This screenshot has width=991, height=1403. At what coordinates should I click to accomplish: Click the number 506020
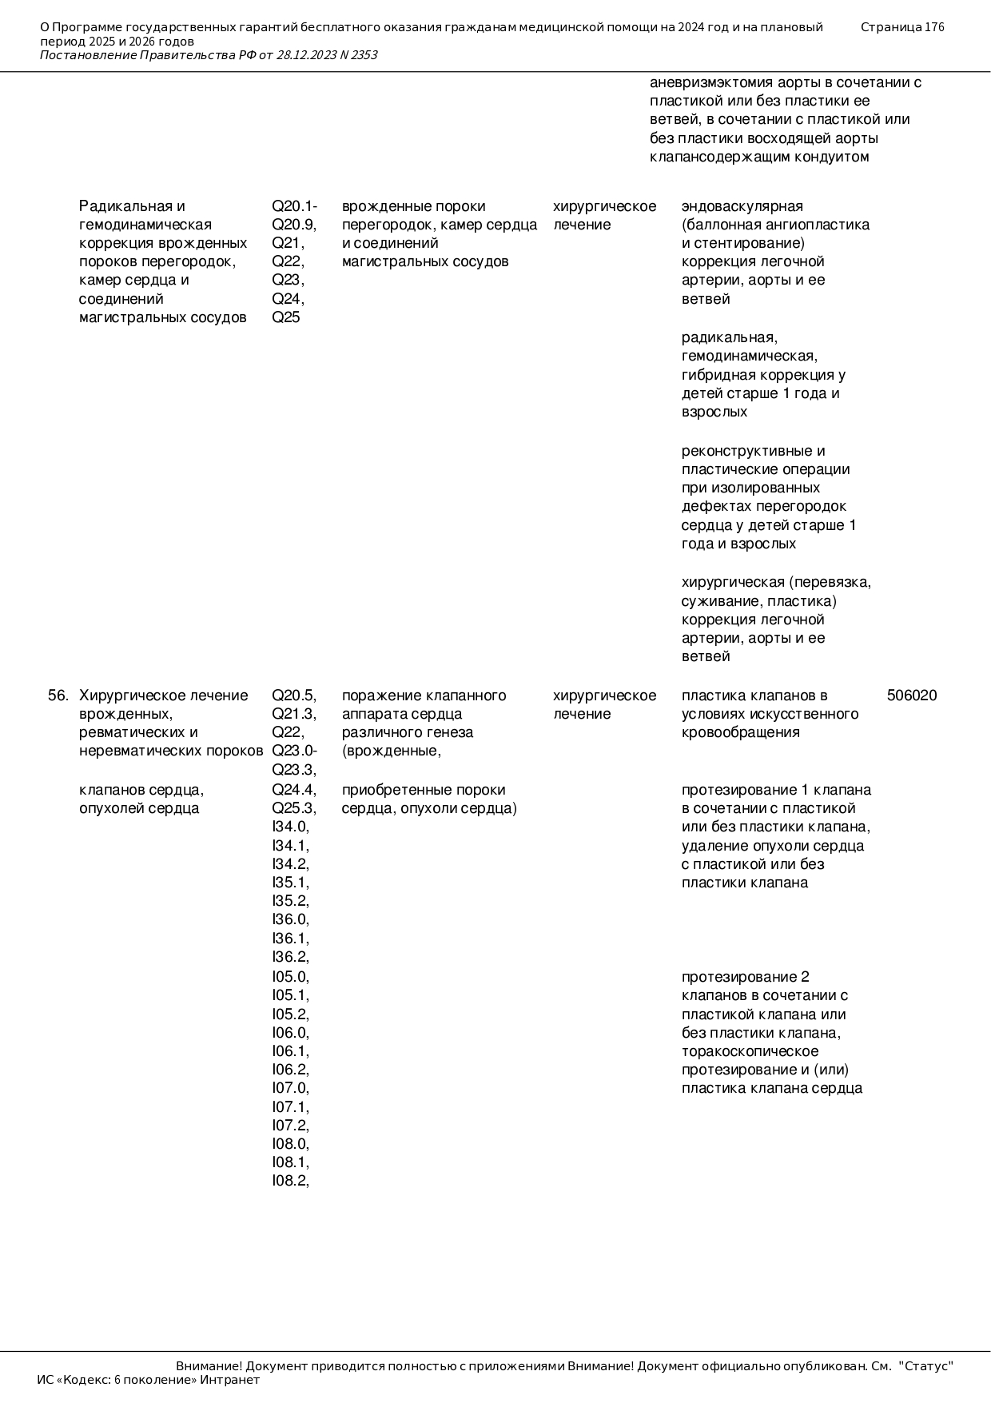coord(911,696)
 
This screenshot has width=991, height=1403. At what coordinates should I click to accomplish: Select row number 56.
coord(58,696)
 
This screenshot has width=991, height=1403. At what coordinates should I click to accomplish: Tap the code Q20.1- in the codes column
coord(294,206)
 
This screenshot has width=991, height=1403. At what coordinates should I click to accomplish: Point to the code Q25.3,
coord(293,808)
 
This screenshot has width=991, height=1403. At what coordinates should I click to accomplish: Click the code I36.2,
coord(290,957)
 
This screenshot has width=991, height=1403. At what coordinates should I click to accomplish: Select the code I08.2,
coord(290,1181)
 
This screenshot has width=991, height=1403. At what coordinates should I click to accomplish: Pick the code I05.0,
coord(290,977)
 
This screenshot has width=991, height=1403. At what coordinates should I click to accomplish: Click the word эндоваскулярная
coord(742,206)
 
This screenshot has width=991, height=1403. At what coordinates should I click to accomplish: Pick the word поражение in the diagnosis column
coord(377,696)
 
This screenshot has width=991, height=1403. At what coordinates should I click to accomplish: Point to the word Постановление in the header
coord(88,55)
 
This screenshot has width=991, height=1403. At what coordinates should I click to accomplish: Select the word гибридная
coord(717,375)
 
